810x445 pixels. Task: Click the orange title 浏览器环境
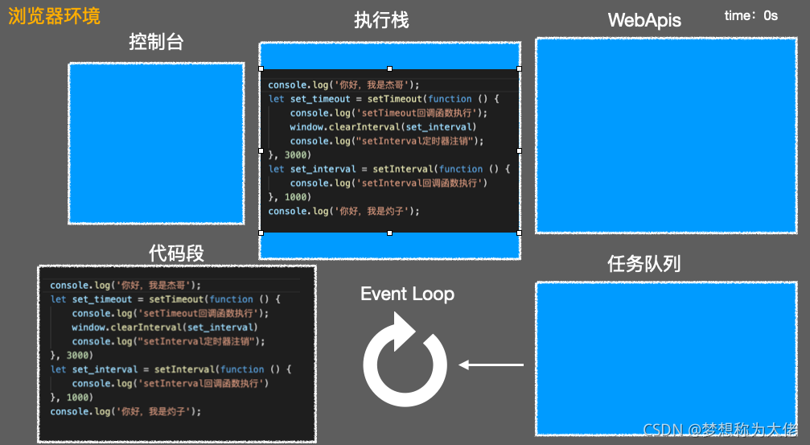(x=54, y=16)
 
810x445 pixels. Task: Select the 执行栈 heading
(x=381, y=20)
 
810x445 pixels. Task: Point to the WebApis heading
(x=644, y=20)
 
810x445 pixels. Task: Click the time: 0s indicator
(x=750, y=15)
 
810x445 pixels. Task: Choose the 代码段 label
(x=176, y=253)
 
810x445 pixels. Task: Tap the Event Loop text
(x=407, y=294)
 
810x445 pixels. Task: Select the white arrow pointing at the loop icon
(x=491, y=365)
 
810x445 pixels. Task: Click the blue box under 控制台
(x=156, y=142)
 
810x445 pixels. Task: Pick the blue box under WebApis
(x=666, y=135)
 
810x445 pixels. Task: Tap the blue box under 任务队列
(x=666, y=358)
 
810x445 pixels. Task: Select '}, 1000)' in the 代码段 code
(x=72, y=398)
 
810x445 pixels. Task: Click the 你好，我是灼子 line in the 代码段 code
(x=125, y=411)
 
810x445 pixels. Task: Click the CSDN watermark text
(x=720, y=429)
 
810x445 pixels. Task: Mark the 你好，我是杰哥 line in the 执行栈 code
(x=343, y=84)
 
